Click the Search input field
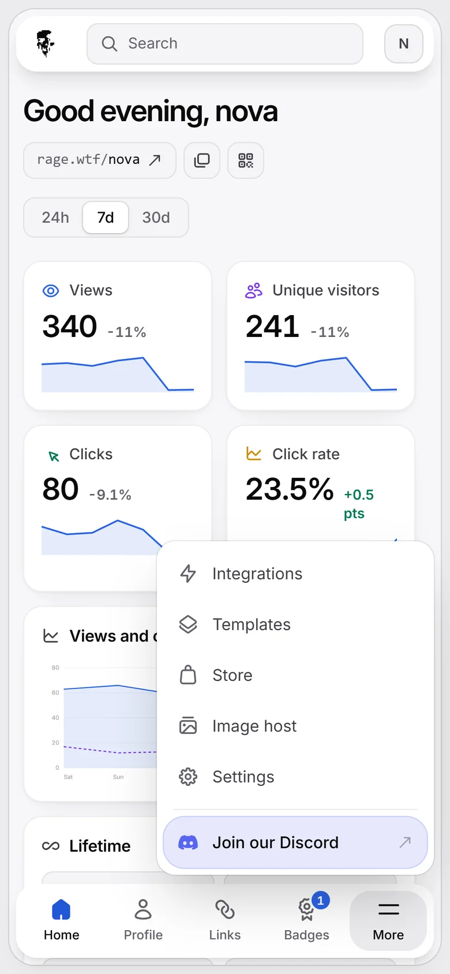click(x=225, y=43)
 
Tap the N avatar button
click(x=403, y=43)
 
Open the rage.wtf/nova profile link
click(x=100, y=160)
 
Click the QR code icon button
click(x=246, y=160)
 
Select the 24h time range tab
click(x=55, y=218)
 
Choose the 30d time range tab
click(x=156, y=218)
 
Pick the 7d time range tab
click(x=106, y=218)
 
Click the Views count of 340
click(x=70, y=326)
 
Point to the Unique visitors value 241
click(x=273, y=326)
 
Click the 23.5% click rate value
click(x=290, y=489)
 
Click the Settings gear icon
click(x=188, y=777)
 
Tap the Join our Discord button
click(x=295, y=842)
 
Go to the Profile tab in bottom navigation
click(x=143, y=920)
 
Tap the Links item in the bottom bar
click(x=225, y=920)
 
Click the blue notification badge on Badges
click(x=320, y=901)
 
